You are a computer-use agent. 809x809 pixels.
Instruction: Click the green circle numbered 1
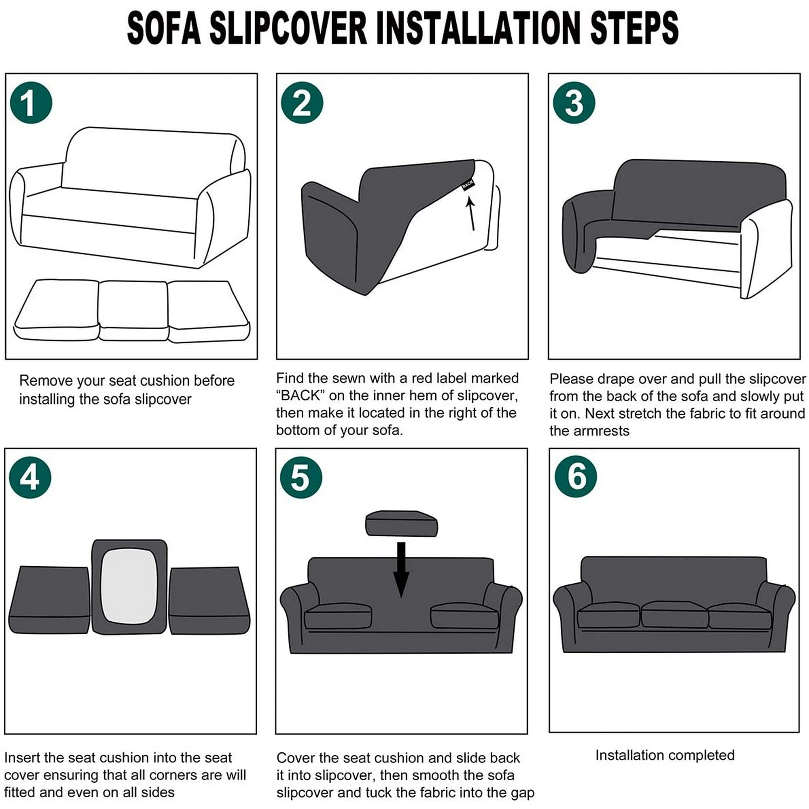tap(31, 103)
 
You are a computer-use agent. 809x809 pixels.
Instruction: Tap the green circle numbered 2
tap(302, 103)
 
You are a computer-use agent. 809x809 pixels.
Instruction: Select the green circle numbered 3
tap(574, 103)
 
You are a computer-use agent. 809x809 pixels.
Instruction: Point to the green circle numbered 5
tap(301, 477)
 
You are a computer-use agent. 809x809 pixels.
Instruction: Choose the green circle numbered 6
tap(576, 477)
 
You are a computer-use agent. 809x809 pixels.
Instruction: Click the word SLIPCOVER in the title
tap(288, 28)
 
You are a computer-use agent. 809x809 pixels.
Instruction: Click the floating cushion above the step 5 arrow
tap(401, 523)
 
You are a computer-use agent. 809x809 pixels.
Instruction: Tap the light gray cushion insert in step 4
tap(129, 586)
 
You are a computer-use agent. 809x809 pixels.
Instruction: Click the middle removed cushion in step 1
tap(133, 310)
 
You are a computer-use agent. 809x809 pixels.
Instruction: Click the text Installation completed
tap(665, 755)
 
